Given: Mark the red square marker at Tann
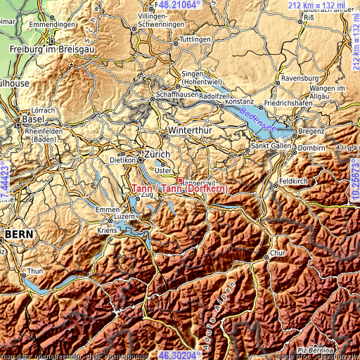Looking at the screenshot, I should point(180,180).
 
